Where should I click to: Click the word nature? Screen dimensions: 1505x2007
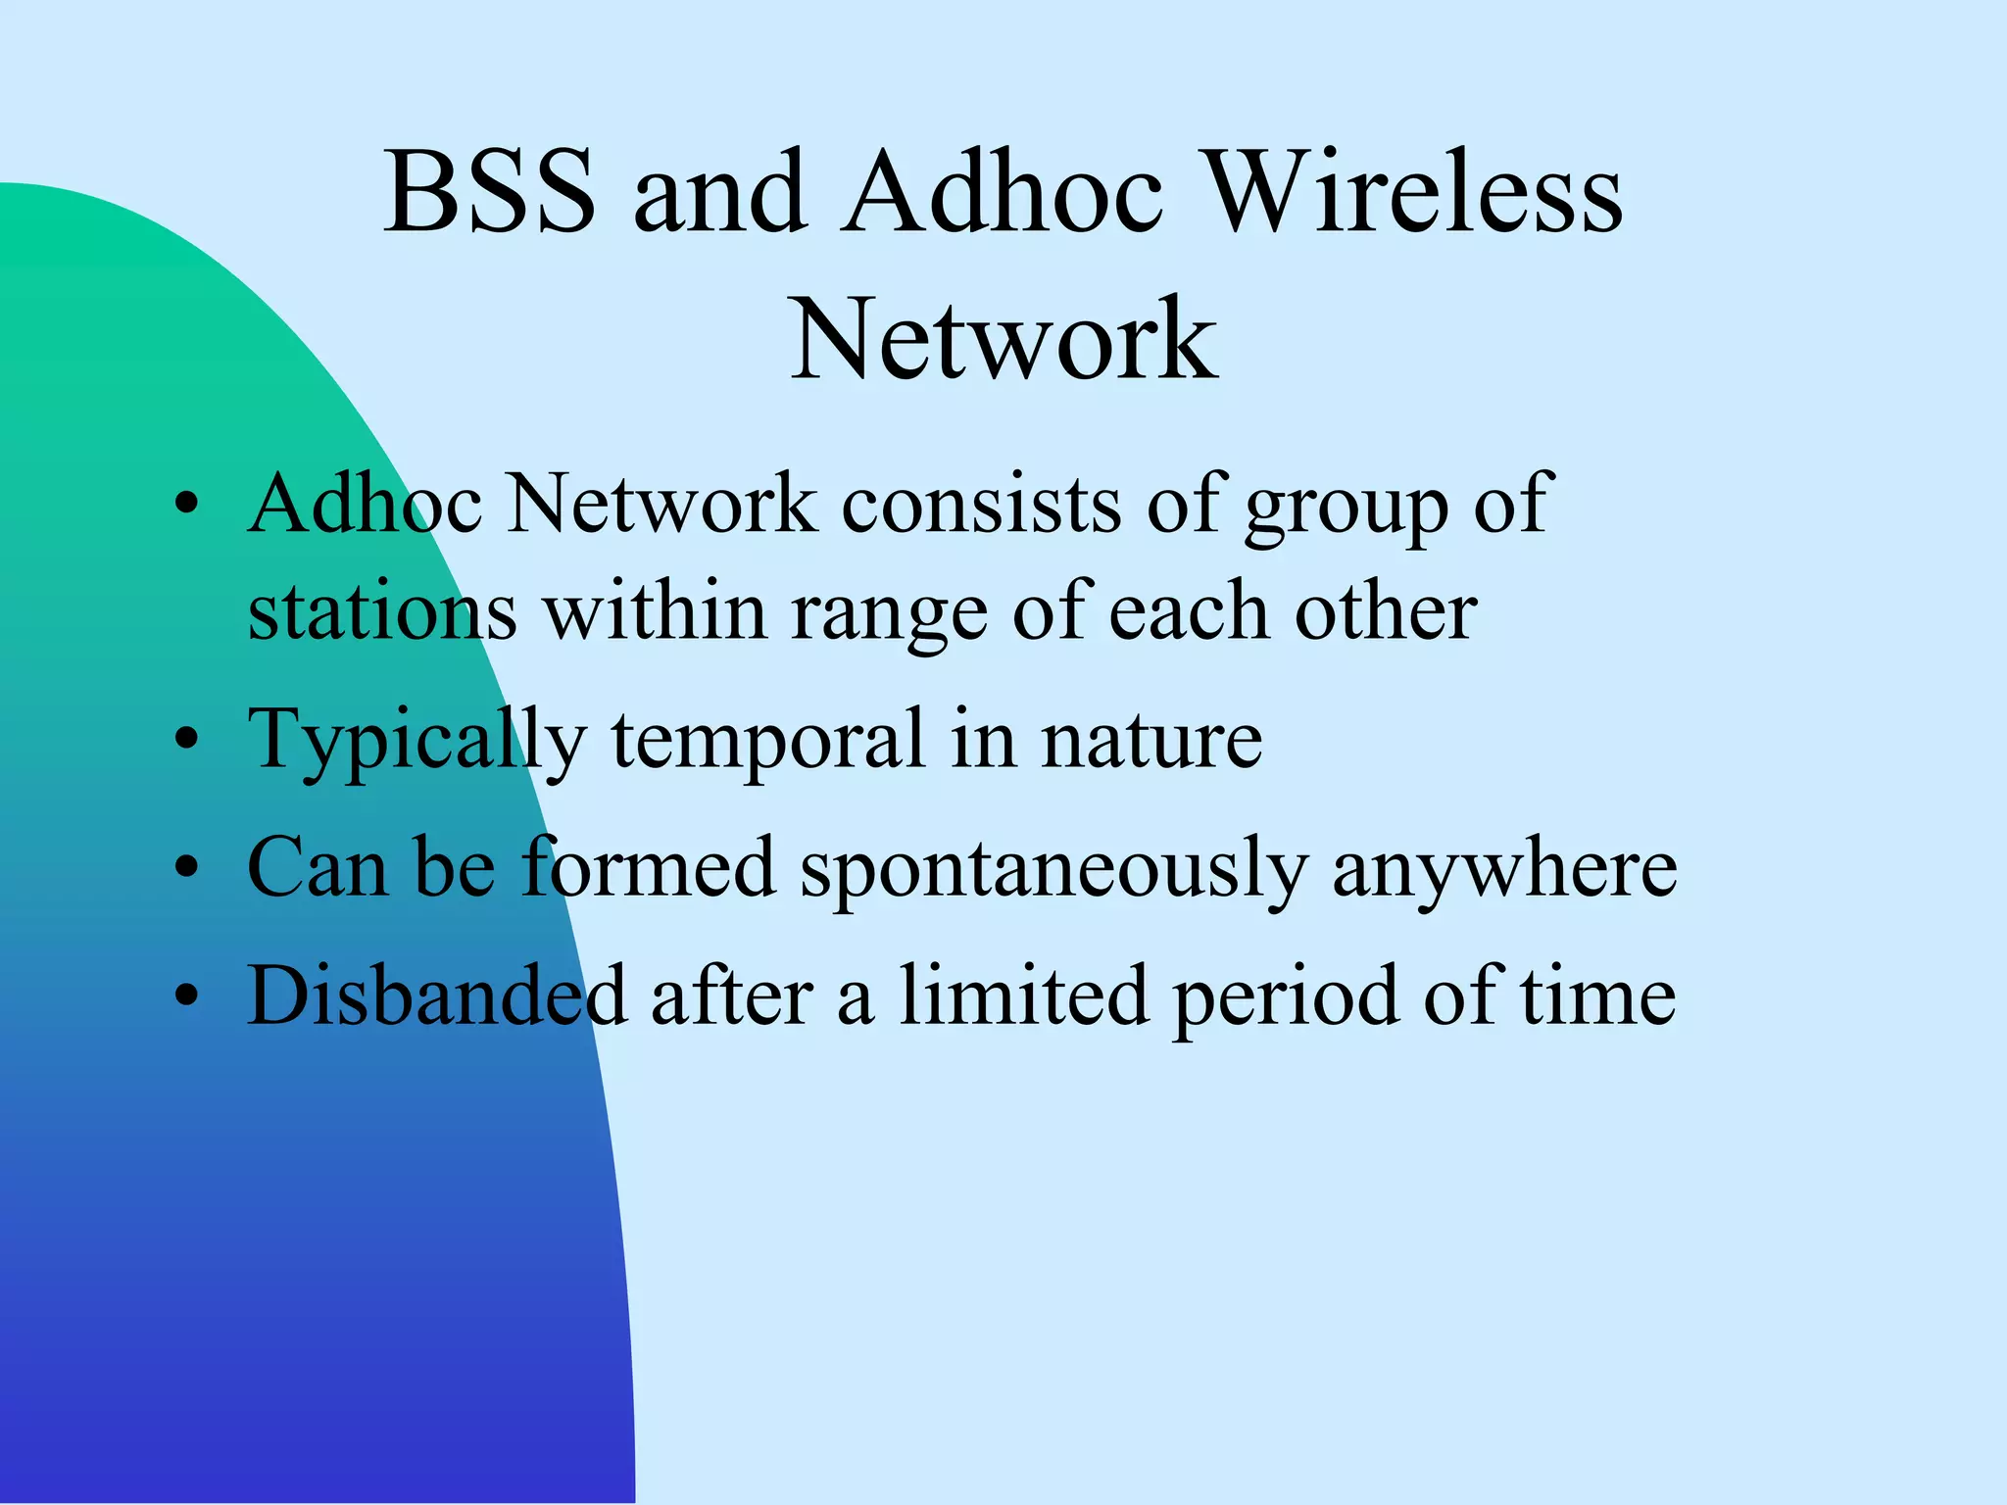[x=1151, y=740]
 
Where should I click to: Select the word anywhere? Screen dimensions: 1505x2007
[x=1504, y=870]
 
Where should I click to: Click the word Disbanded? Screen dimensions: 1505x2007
[x=436, y=995]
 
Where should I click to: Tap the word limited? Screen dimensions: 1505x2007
[x=1023, y=995]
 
